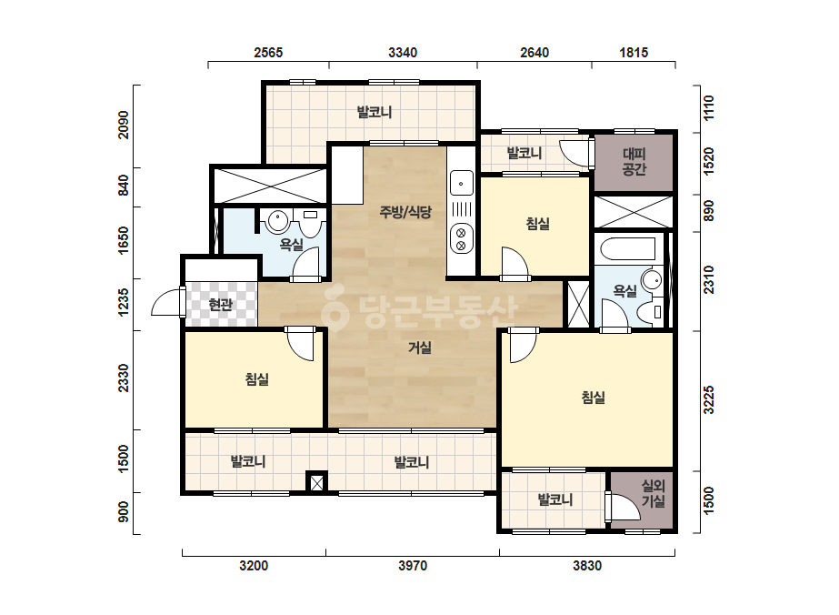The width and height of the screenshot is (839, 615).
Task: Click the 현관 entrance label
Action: click(221, 305)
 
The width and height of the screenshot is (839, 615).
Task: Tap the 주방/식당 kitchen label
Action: click(405, 212)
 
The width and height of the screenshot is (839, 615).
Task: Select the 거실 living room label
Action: click(420, 348)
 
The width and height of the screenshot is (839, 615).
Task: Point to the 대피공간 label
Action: click(634, 162)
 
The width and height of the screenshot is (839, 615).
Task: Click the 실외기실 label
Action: click(654, 493)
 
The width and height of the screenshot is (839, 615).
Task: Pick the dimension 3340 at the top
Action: click(403, 53)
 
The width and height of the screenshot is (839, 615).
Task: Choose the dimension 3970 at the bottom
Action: click(413, 566)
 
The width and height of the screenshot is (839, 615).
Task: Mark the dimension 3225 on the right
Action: click(708, 399)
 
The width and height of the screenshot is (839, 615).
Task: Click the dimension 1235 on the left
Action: click(124, 302)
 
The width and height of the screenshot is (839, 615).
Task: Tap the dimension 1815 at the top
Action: click(634, 53)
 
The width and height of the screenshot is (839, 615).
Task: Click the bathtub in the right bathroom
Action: click(628, 249)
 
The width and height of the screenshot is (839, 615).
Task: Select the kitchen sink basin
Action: click(461, 183)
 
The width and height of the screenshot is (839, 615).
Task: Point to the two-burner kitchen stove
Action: click(461, 239)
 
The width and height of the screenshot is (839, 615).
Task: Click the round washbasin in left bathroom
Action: click(278, 221)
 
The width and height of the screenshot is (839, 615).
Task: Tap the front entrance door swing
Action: click(165, 302)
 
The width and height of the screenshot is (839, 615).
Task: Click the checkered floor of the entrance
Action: click(221, 304)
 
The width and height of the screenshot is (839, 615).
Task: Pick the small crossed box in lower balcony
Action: click(316, 482)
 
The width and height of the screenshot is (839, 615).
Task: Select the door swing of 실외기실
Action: click(622, 506)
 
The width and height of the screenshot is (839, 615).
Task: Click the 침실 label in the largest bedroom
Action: click(593, 398)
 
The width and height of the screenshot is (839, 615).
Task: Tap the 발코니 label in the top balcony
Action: click(375, 112)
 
